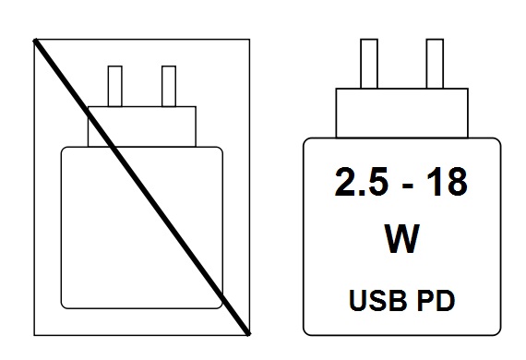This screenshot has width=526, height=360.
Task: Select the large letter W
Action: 401,239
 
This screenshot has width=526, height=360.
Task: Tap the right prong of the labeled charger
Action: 435,62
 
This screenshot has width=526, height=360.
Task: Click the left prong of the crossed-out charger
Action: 116,86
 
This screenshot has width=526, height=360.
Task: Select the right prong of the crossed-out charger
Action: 169,86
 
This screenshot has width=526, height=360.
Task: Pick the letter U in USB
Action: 360,300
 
